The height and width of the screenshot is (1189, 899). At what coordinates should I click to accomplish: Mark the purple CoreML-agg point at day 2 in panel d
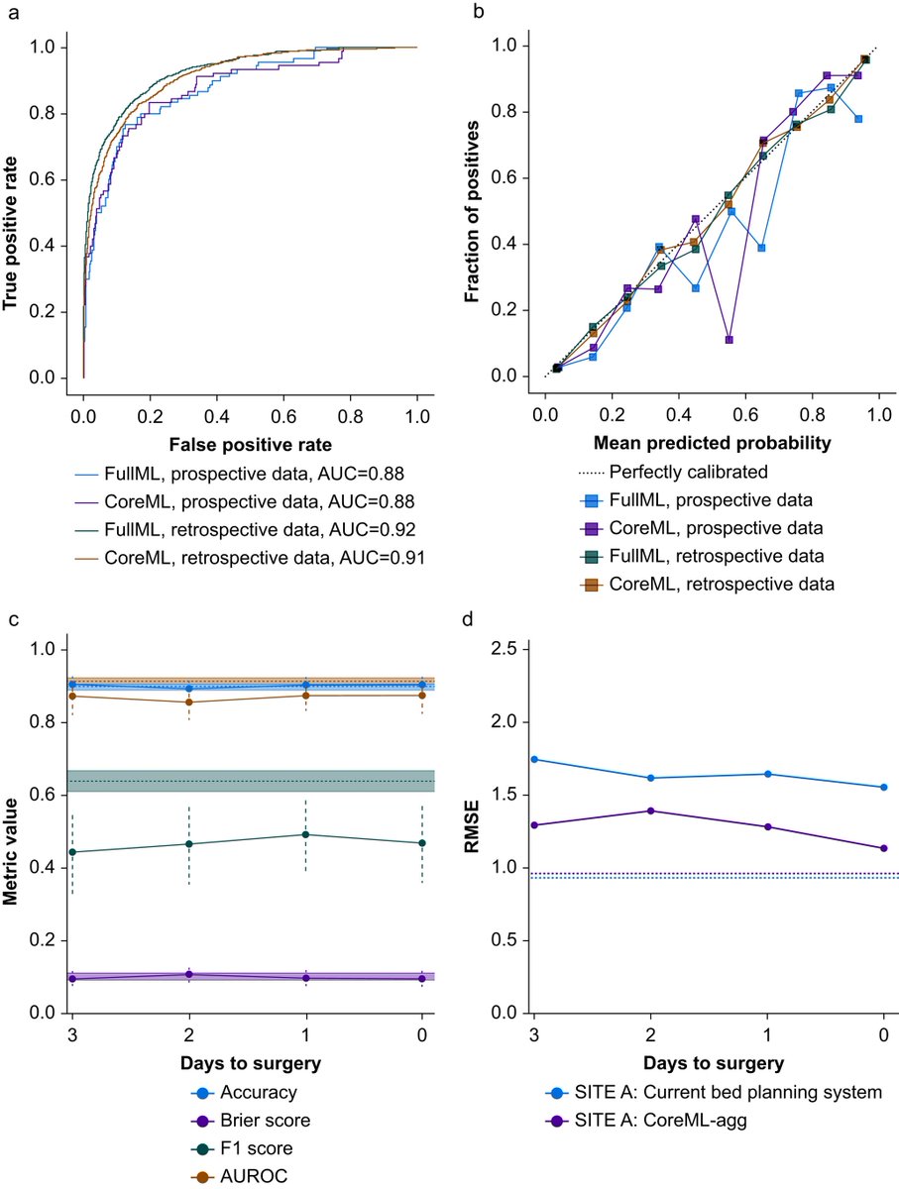pos(651,811)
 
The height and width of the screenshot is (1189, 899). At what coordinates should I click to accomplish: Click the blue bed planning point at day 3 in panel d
pos(535,759)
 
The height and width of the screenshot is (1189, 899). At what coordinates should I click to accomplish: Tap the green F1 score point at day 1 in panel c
pos(305,834)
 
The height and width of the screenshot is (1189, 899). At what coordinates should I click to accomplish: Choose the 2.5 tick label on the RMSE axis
pos(506,649)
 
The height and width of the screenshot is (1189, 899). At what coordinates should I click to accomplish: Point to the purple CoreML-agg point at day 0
pos(883,848)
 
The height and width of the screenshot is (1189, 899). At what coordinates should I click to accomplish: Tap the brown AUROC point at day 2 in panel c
pos(188,703)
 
